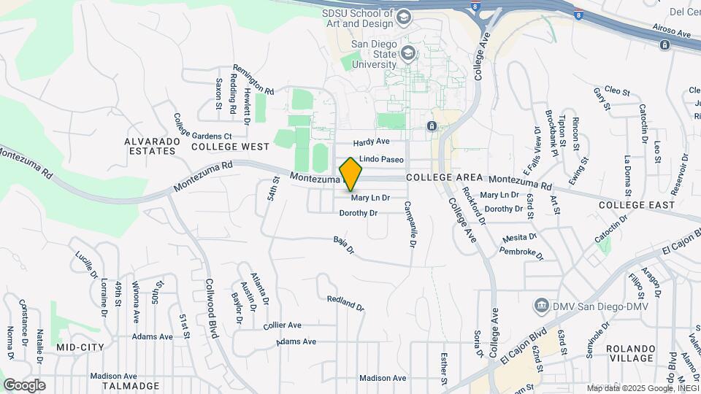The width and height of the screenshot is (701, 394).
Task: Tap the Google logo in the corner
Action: tap(24, 385)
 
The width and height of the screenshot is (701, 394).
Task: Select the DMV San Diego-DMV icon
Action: tap(542, 304)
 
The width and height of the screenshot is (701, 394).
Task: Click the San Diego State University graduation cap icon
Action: tap(407, 53)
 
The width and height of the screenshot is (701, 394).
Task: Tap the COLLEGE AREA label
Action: tap(444, 177)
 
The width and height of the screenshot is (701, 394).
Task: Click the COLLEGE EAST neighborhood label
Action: tap(637, 205)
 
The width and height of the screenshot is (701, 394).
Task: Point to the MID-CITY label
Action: tap(80, 347)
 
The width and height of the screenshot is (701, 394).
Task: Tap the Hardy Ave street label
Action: tap(372, 142)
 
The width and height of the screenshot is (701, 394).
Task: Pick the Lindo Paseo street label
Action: tap(381, 158)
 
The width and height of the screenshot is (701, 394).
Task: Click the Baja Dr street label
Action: tap(343, 244)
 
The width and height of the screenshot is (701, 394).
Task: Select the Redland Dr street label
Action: tap(345, 302)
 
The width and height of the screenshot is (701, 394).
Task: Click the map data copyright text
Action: tap(643, 388)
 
